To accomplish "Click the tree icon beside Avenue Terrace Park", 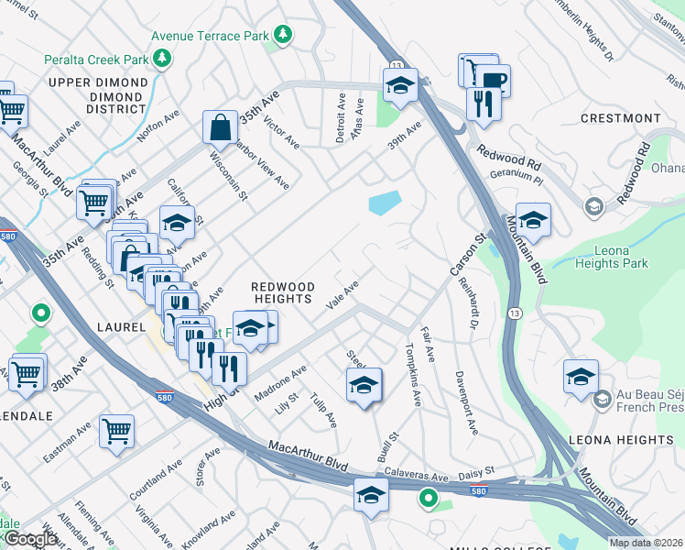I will pyautogui.click(x=284, y=35).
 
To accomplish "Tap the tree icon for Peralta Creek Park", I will pyautogui.click(x=162, y=60).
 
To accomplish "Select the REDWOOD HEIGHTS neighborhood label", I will pyautogui.click(x=283, y=293).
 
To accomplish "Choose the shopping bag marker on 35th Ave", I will pyautogui.click(x=222, y=127).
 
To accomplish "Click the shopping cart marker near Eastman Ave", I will pyautogui.click(x=116, y=430).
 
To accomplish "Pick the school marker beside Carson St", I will pyautogui.click(x=532, y=220).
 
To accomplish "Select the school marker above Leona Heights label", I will pyautogui.click(x=581, y=377).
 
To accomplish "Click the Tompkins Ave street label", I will pyautogui.click(x=412, y=376).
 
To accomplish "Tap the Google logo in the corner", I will pyautogui.click(x=30, y=539).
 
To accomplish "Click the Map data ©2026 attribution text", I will pyautogui.click(x=646, y=543).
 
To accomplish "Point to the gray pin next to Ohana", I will pyautogui.click(x=593, y=205).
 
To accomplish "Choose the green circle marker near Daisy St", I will pyautogui.click(x=428, y=499).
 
